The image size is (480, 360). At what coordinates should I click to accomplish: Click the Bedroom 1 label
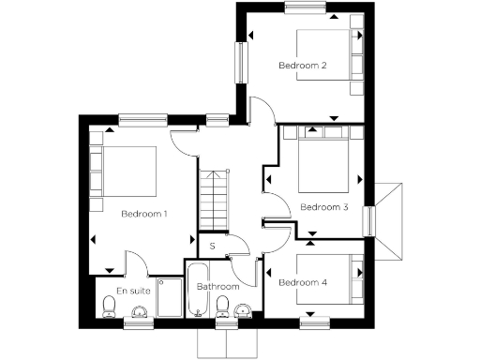coord(144,214)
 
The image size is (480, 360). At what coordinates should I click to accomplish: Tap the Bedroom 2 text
coord(302,66)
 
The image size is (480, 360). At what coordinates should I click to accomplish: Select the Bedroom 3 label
coord(323,207)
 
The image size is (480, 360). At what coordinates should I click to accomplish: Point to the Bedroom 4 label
coord(303,282)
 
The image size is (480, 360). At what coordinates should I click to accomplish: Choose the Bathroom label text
coord(217,286)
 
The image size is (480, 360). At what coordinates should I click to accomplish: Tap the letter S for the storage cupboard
coord(213,247)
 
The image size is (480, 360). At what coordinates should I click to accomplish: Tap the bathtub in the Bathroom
coord(199,292)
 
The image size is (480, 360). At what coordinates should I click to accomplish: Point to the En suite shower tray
coord(169,297)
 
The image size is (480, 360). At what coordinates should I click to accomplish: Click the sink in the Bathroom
coord(244,310)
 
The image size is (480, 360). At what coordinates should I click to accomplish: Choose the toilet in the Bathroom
coord(223,307)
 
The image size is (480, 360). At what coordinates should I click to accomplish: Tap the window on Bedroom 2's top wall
coord(306,8)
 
